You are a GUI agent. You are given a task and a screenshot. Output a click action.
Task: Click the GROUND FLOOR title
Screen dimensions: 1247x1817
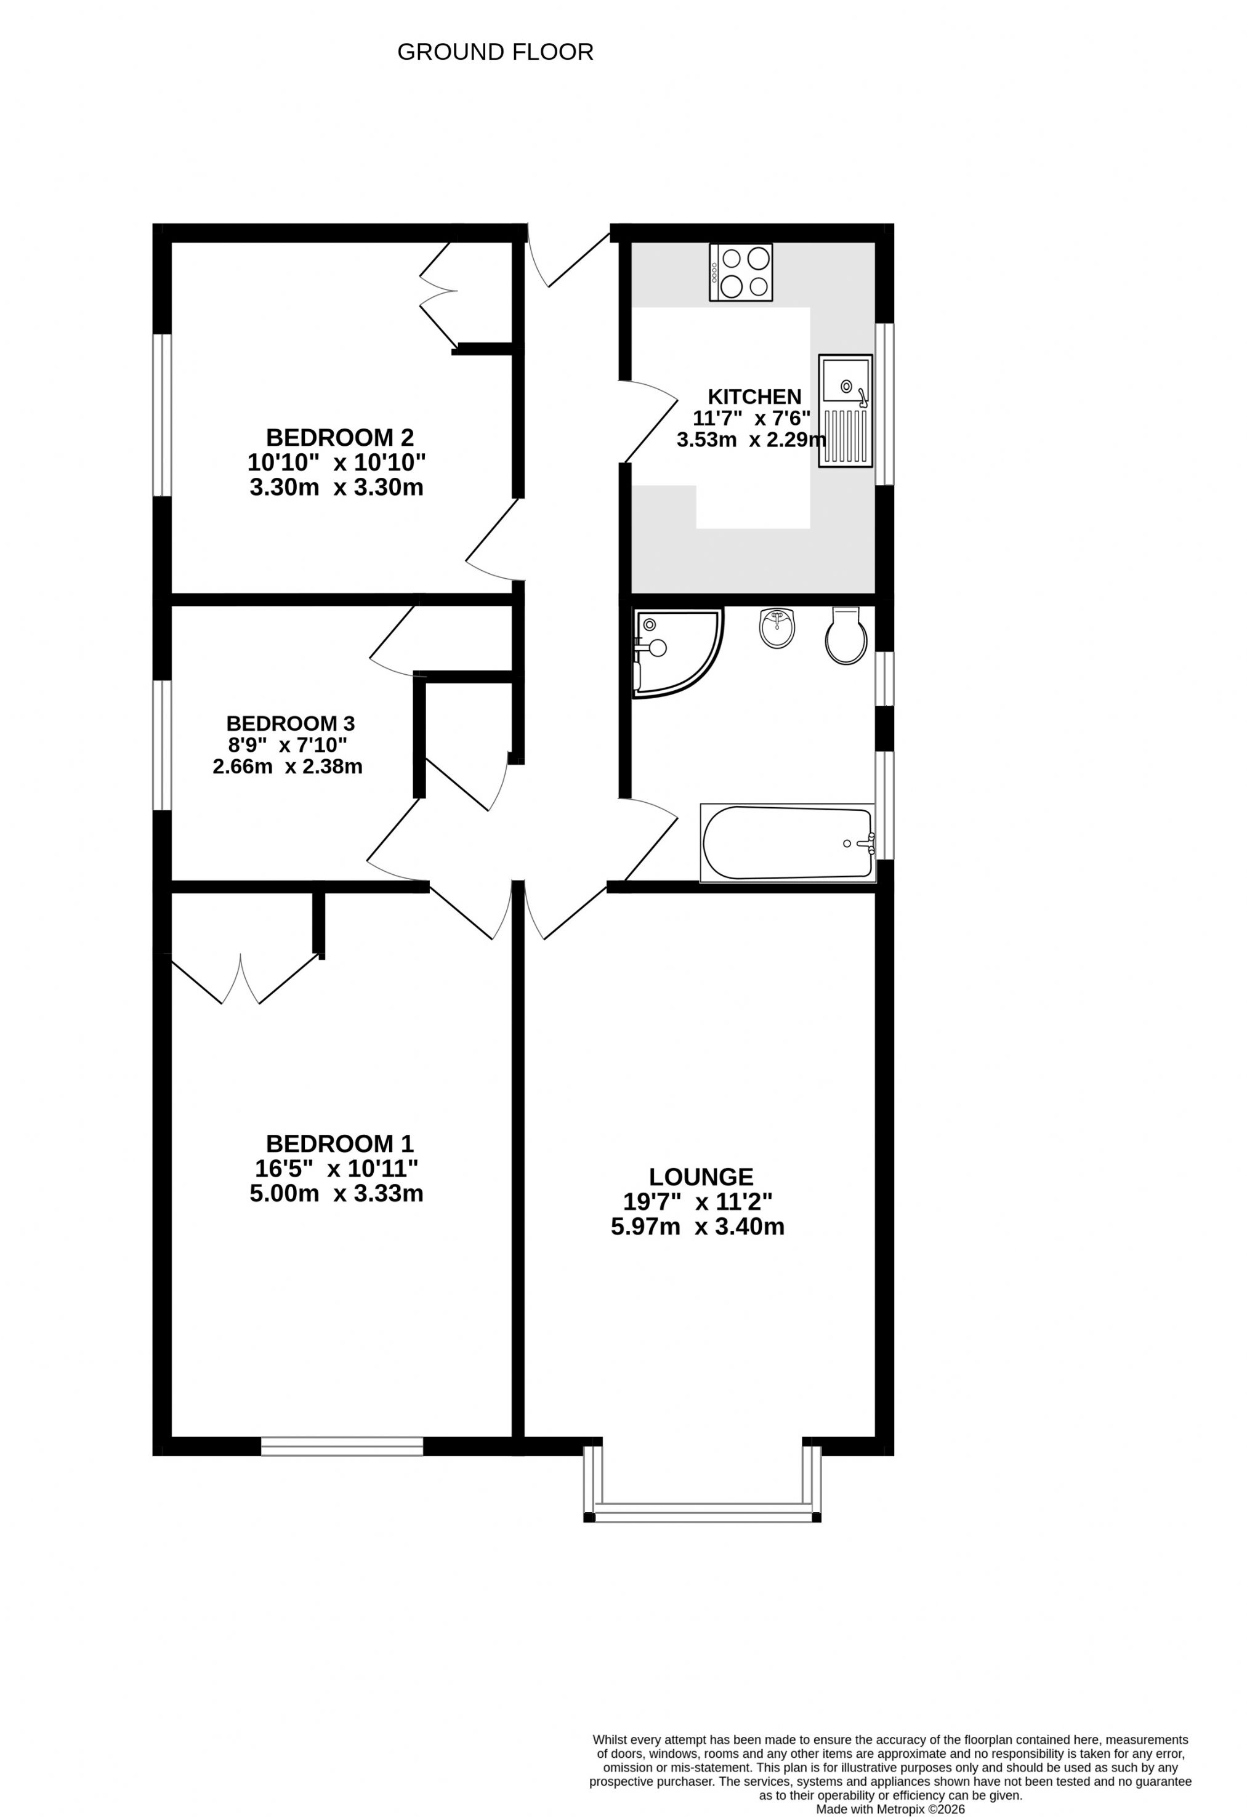click(495, 52)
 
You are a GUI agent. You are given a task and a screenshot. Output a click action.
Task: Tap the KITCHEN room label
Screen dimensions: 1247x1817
click(754, 397)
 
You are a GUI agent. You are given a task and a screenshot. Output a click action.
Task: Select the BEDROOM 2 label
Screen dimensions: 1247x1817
click(339, 437)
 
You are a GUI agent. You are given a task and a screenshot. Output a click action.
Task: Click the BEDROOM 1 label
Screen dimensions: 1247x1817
click(339, 1144)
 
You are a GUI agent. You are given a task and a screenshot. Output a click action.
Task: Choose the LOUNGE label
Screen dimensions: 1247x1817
click(701, 1177)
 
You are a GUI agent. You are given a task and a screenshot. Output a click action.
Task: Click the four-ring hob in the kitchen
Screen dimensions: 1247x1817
click(740, 272)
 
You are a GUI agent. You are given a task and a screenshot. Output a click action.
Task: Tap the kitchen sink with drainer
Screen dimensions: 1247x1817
click(845, 411)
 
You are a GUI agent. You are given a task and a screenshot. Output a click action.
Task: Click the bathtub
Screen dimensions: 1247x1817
click(787, 843)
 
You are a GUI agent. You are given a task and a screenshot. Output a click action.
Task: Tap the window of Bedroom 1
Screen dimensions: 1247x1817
click(342, 1446)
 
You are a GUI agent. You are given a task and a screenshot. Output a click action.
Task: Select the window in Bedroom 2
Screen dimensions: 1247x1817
click(162, 415)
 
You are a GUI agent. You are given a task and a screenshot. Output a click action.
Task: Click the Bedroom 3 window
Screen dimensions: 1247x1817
click(162, 745)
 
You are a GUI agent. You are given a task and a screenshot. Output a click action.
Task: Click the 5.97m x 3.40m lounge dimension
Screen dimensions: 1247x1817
click(697, 1226)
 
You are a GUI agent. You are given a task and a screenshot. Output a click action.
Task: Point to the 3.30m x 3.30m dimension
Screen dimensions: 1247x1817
click(336, 487)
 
